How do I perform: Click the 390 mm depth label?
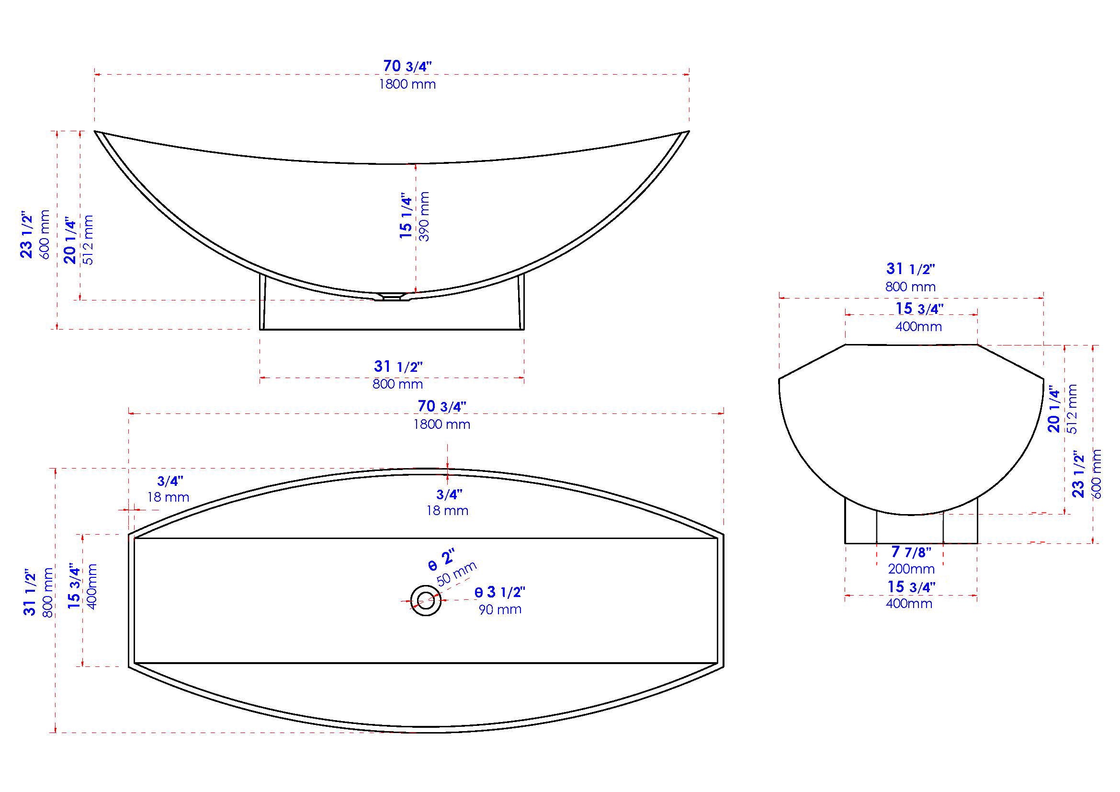click(424, 216)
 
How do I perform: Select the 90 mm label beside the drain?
click(500, 609)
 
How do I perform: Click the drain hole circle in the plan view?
click(426, 600)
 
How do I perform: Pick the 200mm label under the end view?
click(911, 569)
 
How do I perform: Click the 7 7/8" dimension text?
click(911, 552)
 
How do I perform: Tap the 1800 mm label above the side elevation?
click(407, 84)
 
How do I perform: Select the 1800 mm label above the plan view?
click(442, 425)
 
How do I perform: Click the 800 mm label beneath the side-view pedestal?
click(397, 384)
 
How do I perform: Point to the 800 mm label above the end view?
click(910, 287)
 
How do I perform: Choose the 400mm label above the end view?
click(918, 326)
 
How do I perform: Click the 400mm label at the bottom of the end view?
click(909, 604)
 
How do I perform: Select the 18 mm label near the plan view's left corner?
click(168, 498)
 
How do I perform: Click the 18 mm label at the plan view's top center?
click(447, 511)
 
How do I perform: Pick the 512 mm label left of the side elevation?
click(88, 240)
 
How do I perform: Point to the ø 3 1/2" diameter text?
click(500, 592)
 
